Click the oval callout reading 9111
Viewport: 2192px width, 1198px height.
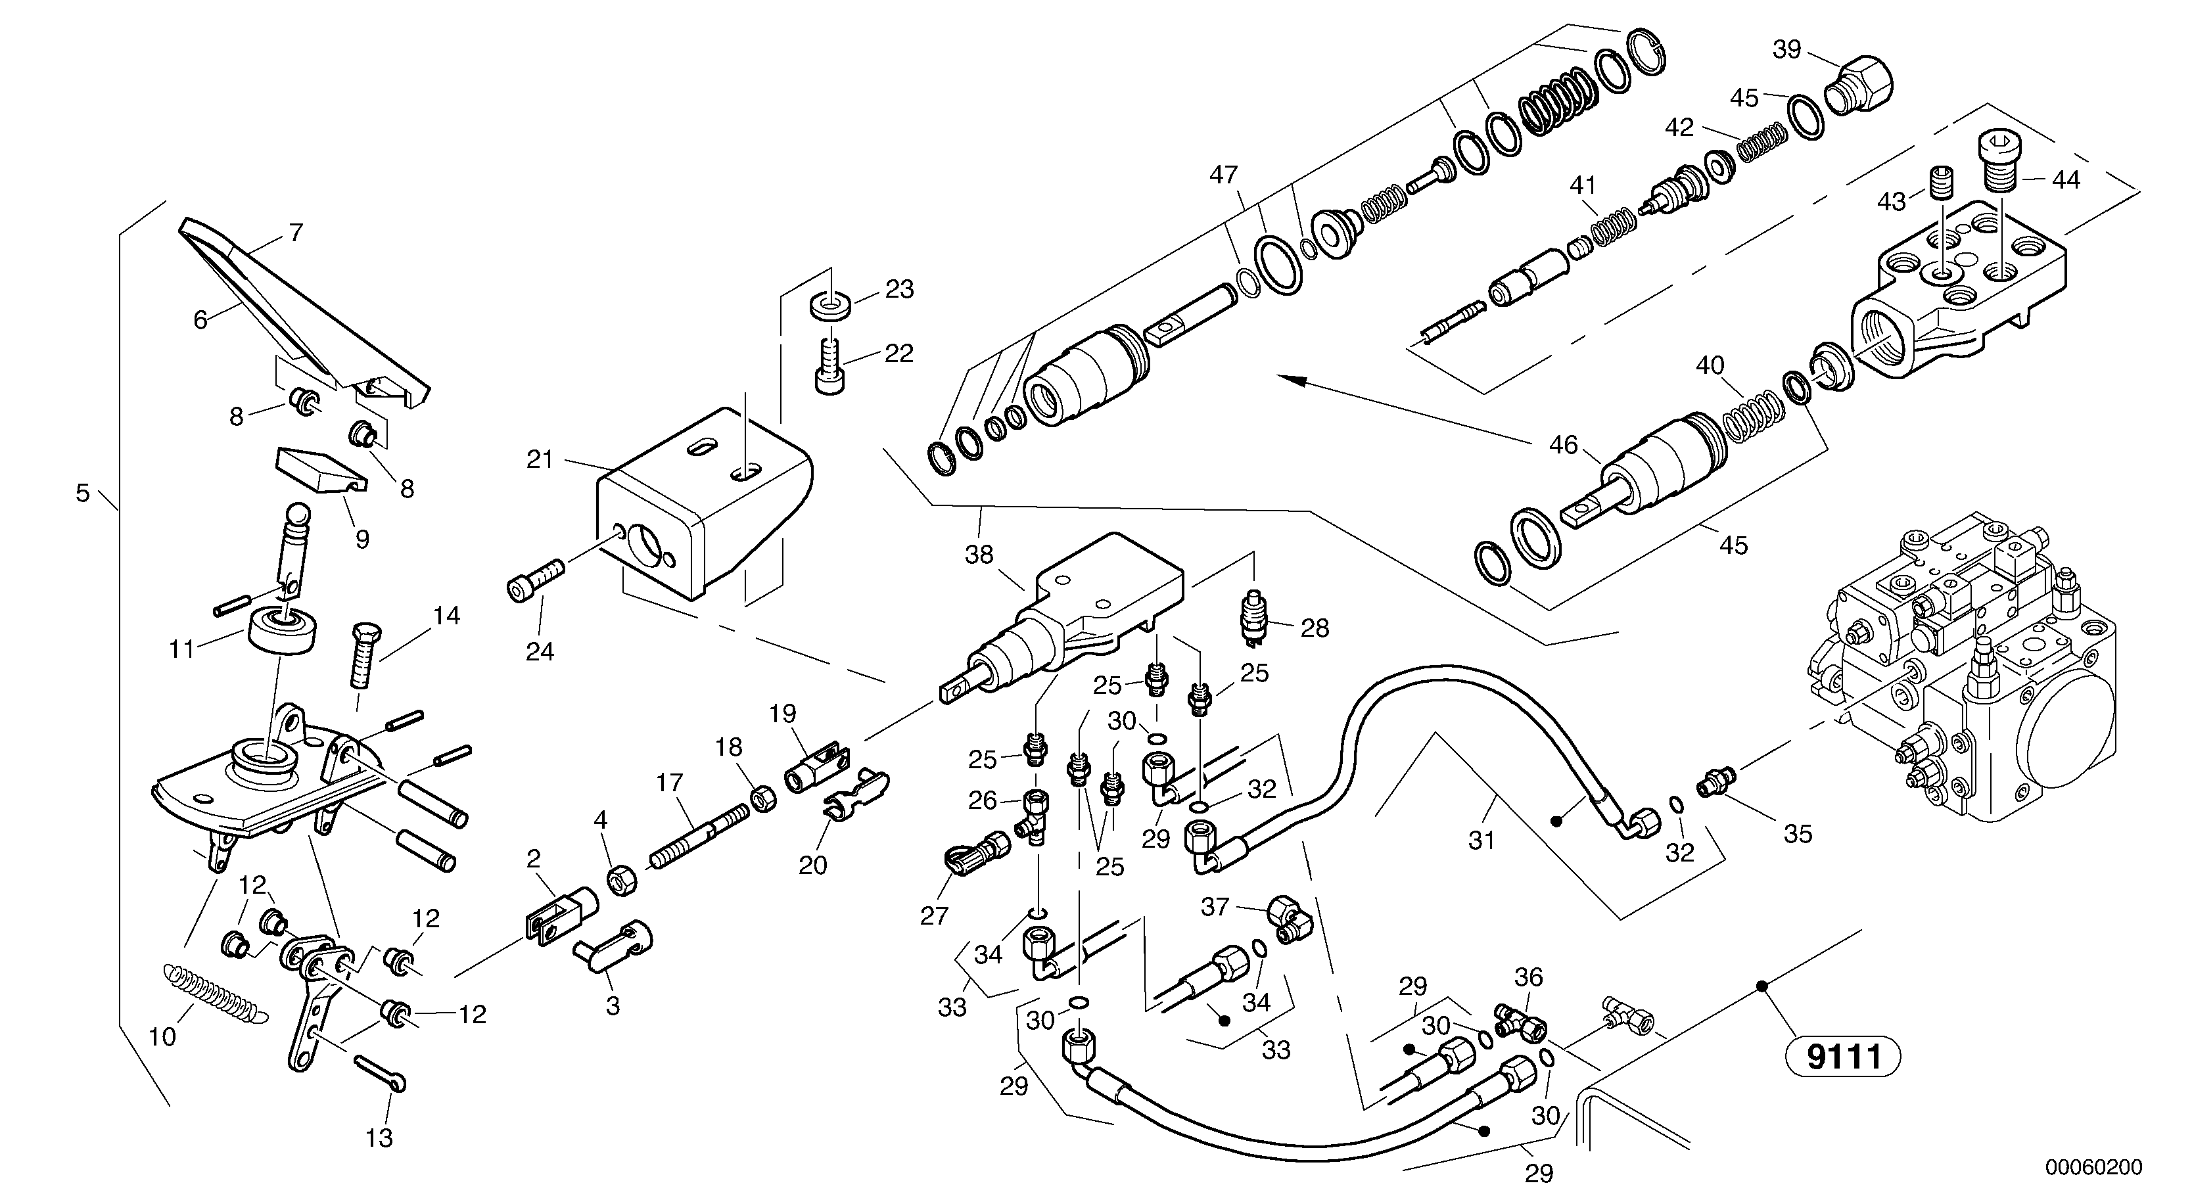click(x=1843, y=1057)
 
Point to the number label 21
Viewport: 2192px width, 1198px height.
click(x=540, y=460)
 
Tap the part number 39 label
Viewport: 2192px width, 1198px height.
click(x=1787, y=49)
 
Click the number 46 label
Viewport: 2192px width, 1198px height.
click(x=1563, y=444)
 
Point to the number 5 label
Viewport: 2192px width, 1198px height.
click(x=83, y=493)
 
